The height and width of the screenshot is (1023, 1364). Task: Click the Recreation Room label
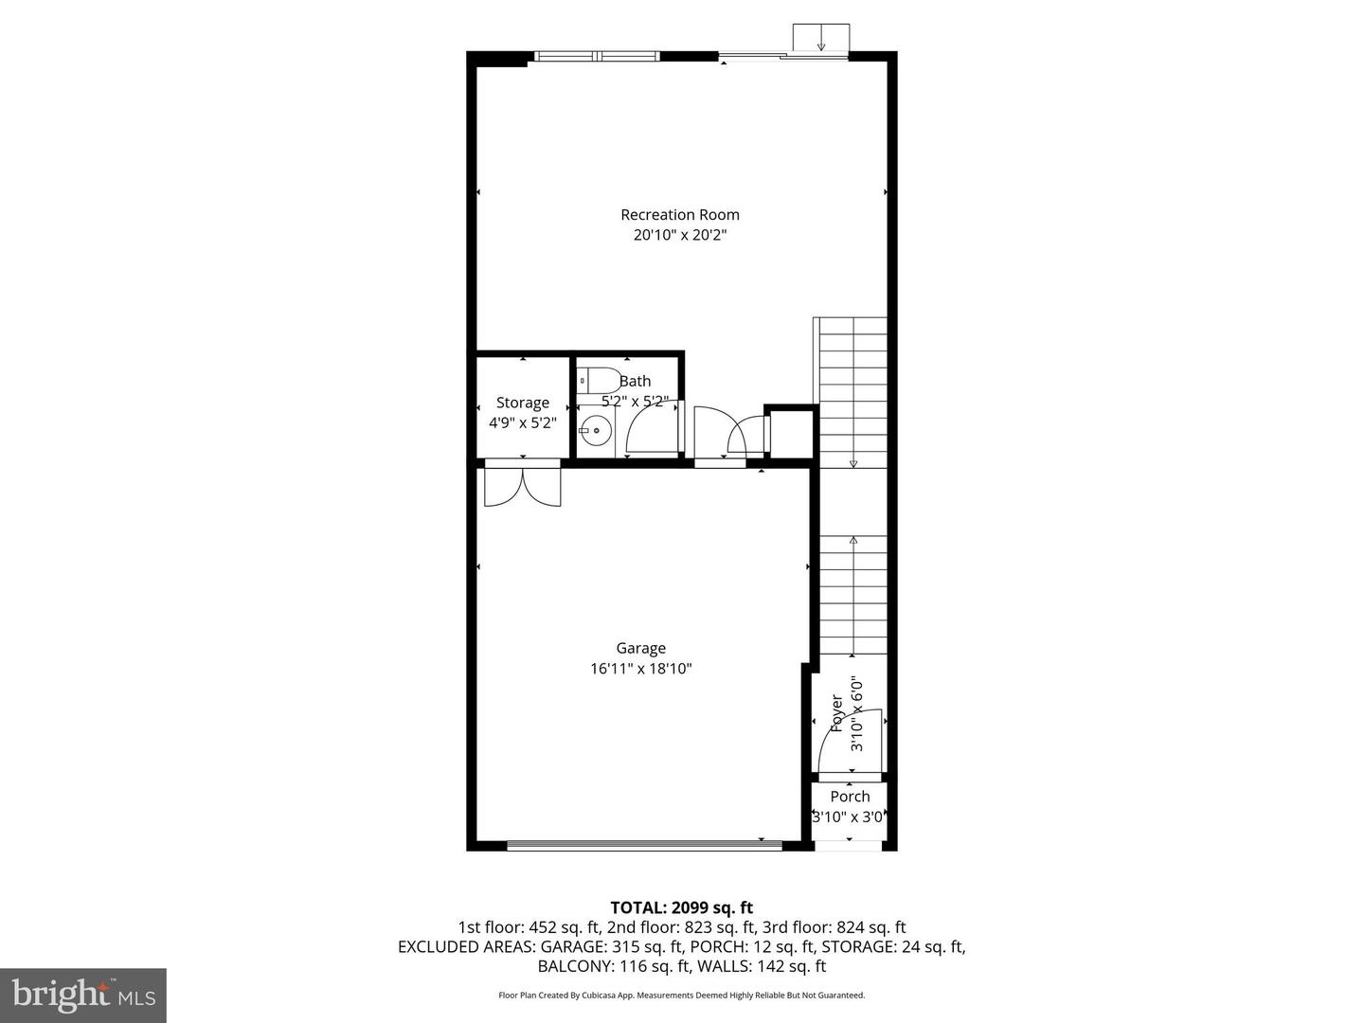point(679,215)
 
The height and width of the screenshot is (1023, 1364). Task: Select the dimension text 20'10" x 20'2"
point(679,235)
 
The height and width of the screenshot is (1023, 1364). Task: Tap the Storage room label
point(522,403)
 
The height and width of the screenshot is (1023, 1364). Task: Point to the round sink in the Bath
point(596,431)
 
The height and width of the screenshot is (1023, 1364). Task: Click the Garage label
point(640,648)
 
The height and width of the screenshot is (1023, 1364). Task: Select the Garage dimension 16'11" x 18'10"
point(640,669)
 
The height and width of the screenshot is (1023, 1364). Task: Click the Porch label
point(850,797)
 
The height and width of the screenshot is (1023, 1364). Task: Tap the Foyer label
point(837,713)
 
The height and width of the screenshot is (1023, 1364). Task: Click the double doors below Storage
point(522,485)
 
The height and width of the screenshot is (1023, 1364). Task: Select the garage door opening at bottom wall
point(644,845)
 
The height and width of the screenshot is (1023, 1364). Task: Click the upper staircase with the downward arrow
point(852,393)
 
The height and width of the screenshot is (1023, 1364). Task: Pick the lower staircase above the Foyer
point(852,595)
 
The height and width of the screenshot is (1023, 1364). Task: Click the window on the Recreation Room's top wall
point(597,56)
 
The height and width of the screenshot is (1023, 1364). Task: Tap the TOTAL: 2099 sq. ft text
point(681,907)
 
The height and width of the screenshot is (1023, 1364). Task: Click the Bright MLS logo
point(83,995)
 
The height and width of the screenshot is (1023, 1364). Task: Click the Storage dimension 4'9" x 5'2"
point(522,423)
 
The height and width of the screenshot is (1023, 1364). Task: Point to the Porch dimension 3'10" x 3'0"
point(850,817)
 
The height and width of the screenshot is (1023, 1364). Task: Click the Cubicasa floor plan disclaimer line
point(681,996)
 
